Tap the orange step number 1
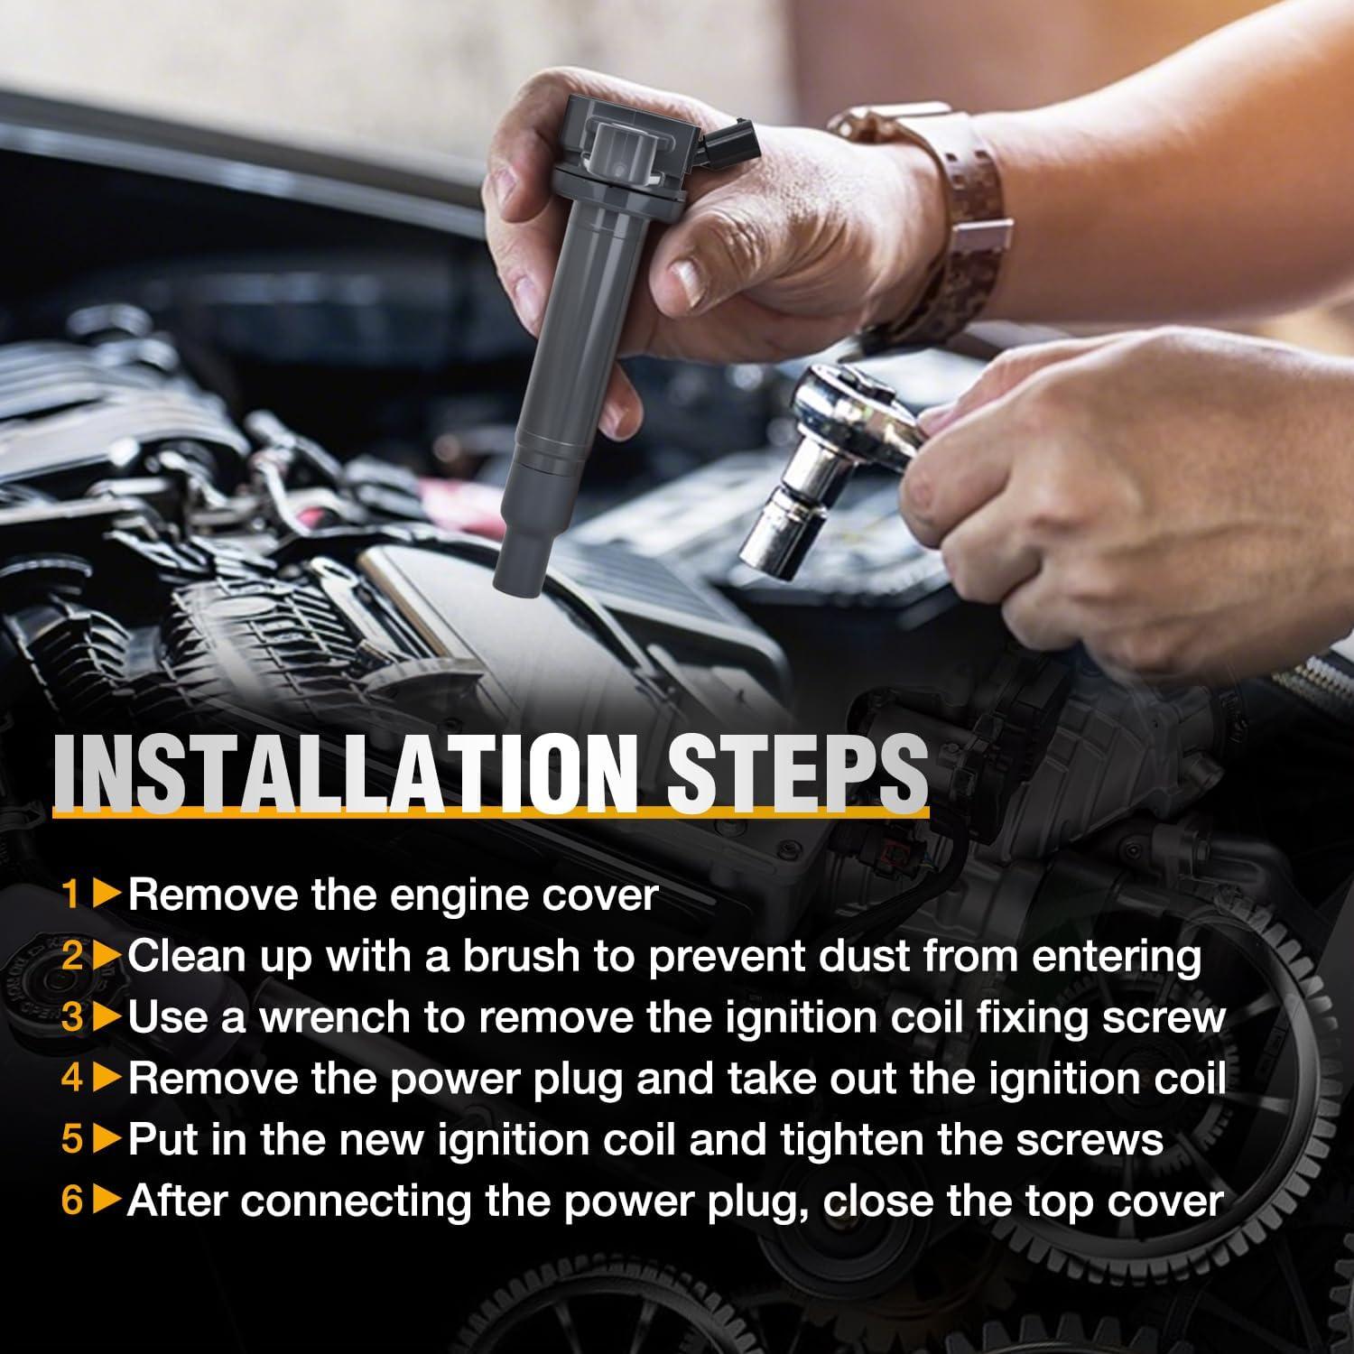pyautogui.click(x=71, y=895)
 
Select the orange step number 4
pyautogui.click(x=72, y=1079)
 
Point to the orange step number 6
pyautogui.click(x=72, y=1201)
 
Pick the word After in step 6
pyautogui.click(x=176, y=1201)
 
